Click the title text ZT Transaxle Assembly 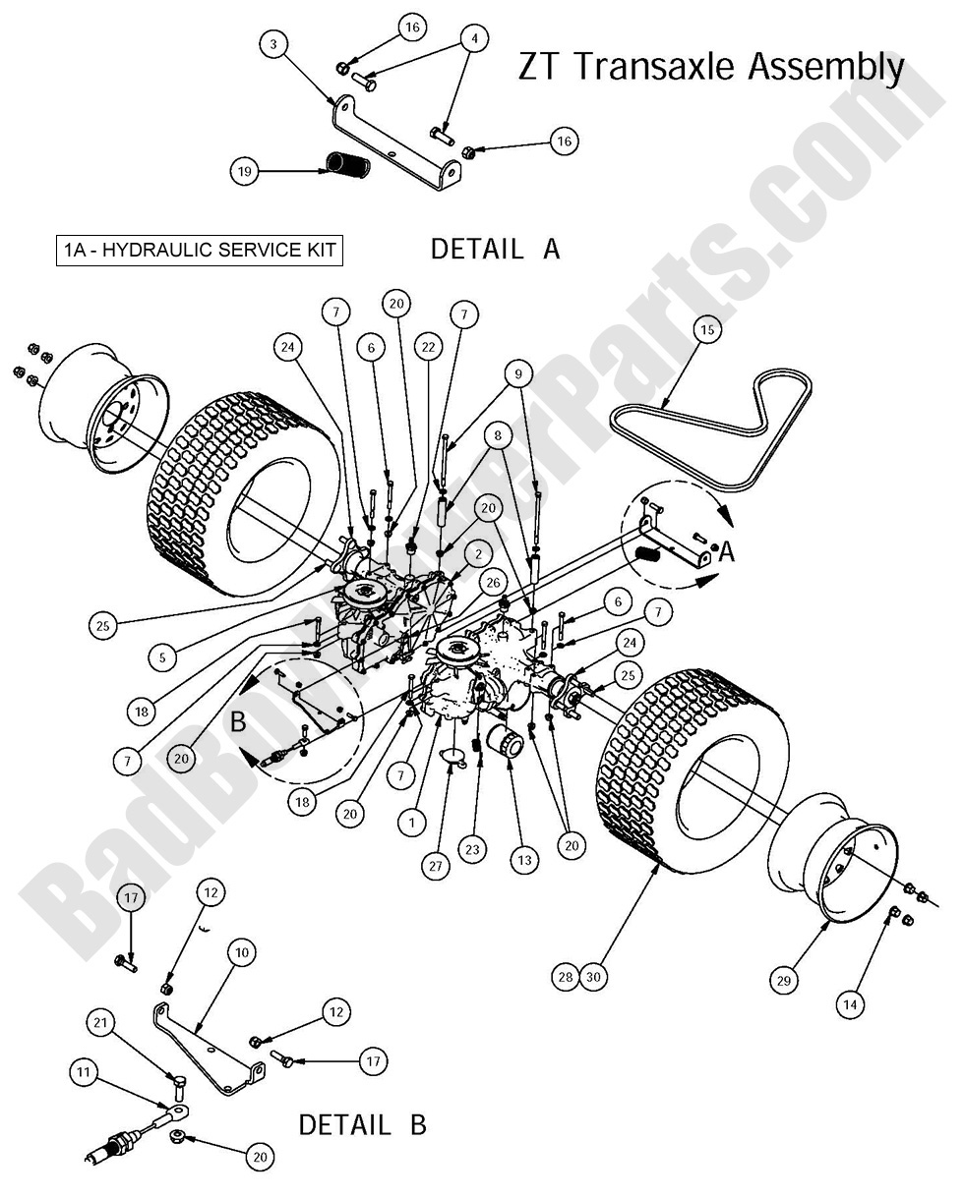coord(710,67)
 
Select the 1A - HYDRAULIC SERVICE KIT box coord(200,251)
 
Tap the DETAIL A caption coord(495,250)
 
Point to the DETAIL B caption coord(362,1124)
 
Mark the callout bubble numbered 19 coord(245,171)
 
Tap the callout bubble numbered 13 coord(524,860)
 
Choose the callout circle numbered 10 coord(241,952)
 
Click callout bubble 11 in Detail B coord(86,1071)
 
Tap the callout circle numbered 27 coord(437,866)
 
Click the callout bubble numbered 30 coord(593,977)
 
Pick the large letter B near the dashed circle coord(238,721)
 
